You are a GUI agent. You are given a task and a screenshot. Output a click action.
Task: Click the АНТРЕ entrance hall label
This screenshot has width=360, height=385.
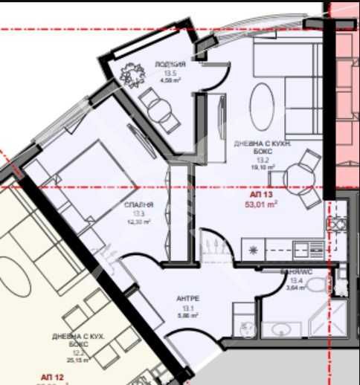click(187, 300)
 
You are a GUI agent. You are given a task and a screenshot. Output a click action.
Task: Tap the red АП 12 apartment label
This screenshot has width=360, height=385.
click(48, 378)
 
